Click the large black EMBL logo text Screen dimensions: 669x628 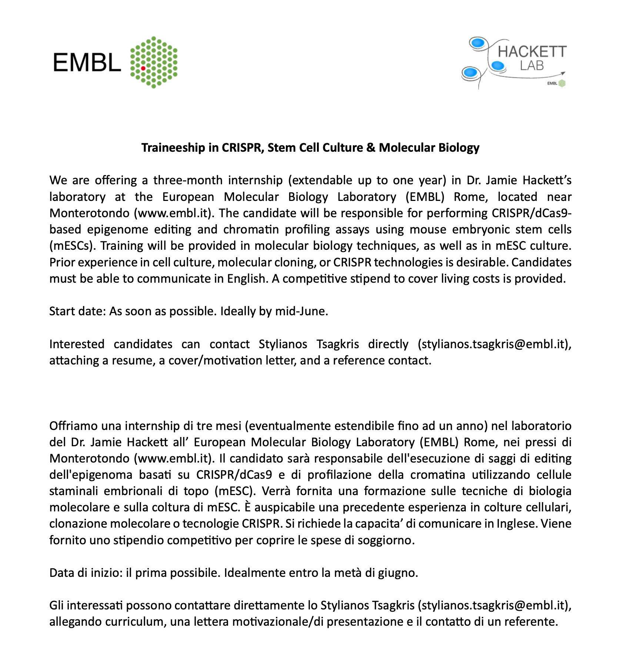coord(87,62)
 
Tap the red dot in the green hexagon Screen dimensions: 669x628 coord(143,68)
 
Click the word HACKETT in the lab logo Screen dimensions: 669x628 coord(532,52)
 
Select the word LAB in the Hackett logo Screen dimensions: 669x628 coord(532,66)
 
